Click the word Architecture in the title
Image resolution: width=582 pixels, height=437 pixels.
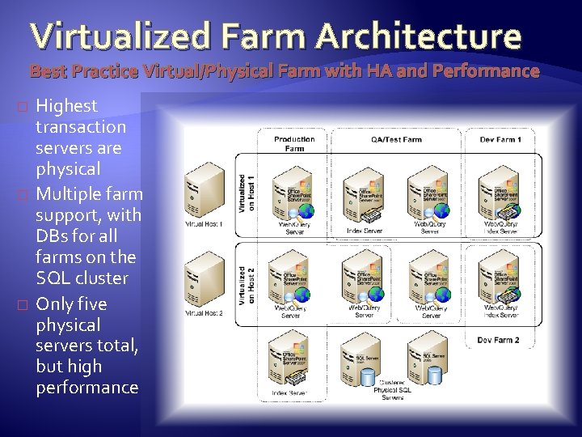click(x=419, y=36)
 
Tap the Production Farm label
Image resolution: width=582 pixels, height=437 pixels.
click(x=294, y=143)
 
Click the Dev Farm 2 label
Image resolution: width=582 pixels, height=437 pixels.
click(x=500, y=340)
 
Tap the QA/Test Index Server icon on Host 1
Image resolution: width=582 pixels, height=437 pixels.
click(x=363, y=194)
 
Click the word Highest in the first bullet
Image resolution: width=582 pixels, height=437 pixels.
click(x=67, y=106)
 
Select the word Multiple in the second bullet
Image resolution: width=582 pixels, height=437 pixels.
click(x=69, y=194)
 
